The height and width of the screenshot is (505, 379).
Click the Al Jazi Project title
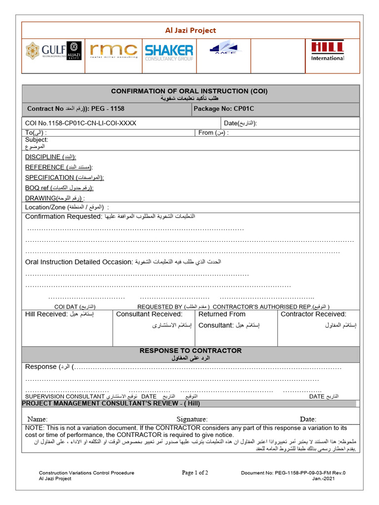[190, 31]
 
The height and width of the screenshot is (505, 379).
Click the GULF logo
[53, 51]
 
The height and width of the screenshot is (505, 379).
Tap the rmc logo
[114, 51]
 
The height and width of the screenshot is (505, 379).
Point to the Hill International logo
[327, 51]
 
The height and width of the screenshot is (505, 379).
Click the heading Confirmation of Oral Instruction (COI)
[189, 91]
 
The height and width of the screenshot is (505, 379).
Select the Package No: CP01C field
[224, 108]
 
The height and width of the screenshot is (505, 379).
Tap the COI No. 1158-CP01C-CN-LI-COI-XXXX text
[80, 123]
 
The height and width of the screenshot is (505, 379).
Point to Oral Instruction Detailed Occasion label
[79, 262]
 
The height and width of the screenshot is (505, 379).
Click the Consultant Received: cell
[153, 328]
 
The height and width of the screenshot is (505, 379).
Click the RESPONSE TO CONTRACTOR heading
[190, 351]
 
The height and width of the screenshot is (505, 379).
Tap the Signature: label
[191, 419]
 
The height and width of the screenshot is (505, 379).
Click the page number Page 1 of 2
[195, 472]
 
